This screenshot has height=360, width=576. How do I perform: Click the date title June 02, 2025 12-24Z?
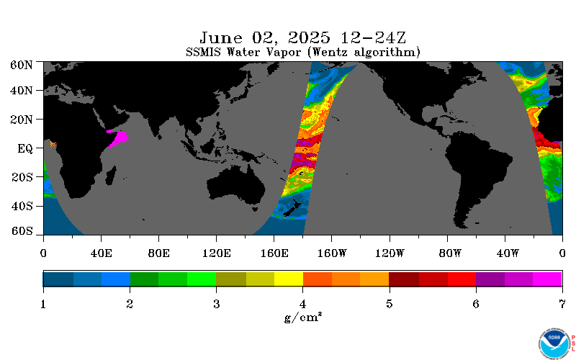[302, 38]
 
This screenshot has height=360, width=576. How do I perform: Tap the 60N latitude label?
[22, 65]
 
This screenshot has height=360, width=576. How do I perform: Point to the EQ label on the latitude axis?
[25, 149]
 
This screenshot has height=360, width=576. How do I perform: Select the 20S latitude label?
[22, 177]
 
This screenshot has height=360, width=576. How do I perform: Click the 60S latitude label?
[22, 230]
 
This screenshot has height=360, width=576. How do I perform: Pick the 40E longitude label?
[101, 253]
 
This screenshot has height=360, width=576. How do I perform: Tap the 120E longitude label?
[217, 253]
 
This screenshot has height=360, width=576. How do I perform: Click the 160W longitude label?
[332, 253]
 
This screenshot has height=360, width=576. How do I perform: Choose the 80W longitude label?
[450, 253]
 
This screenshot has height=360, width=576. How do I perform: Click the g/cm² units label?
[303, 317]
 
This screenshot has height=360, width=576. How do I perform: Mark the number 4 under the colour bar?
[302, 304]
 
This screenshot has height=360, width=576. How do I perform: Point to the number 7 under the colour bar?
[562, 304]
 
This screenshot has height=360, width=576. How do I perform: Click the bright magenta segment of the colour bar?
[547, 279]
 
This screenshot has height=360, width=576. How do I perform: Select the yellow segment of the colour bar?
[289, 279]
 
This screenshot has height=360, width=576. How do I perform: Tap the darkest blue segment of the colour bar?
[58, 279]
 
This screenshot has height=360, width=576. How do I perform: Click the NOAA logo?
[554, 343]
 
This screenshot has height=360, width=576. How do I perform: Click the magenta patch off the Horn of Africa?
[119, 138]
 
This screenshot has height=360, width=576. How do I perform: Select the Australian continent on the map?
[237, 183]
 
